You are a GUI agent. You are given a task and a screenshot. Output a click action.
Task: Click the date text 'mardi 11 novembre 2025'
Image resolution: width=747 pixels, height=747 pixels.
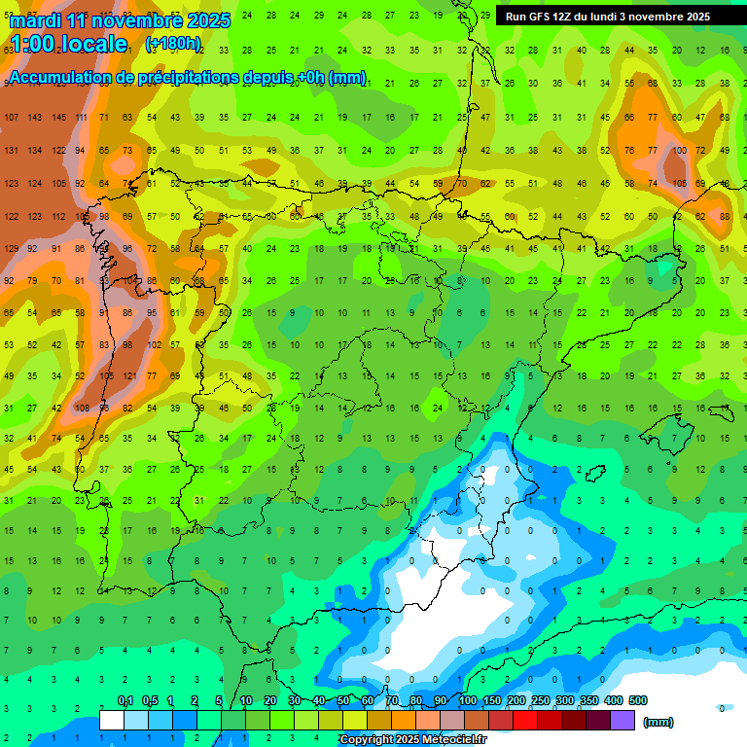[x=120, y=20]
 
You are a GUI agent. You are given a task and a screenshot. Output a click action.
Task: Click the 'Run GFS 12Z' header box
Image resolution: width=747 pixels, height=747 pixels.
[x=608, y=17]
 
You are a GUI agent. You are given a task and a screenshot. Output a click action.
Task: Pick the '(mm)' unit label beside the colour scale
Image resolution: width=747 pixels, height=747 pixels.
[x=658, y=722]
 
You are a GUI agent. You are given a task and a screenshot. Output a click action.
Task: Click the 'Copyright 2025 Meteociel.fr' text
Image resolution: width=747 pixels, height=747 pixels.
[x=412, y=740]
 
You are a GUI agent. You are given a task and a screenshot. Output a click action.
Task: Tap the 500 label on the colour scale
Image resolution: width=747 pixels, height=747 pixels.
[x=638, y=701]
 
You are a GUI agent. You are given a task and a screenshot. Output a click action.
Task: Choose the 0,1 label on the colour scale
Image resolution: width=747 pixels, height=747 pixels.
[x=125, y=701]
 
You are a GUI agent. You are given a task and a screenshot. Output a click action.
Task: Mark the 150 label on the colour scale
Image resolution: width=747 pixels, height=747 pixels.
[x=492, y=701]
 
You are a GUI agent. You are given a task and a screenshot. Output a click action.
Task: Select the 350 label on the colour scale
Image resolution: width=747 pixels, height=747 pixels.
[x=589, y=701]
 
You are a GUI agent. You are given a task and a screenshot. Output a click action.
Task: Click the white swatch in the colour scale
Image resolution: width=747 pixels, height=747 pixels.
[x=112, y=721]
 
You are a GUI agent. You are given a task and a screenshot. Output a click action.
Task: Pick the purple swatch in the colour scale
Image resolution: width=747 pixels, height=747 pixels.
[x=622, y=721]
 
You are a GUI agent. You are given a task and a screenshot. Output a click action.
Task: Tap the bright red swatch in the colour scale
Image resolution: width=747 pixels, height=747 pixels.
[x=525, y=721]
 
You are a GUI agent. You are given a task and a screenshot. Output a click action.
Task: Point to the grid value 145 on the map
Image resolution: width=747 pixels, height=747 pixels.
[x=59, y=118]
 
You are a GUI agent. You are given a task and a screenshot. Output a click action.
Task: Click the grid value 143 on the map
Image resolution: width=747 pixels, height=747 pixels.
[x=35, y=118]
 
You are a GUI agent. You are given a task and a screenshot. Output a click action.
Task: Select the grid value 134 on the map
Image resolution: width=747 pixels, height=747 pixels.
[x=35, y=151]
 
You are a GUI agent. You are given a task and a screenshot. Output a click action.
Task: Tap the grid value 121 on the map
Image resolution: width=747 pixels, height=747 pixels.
[x=129, y=376]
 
